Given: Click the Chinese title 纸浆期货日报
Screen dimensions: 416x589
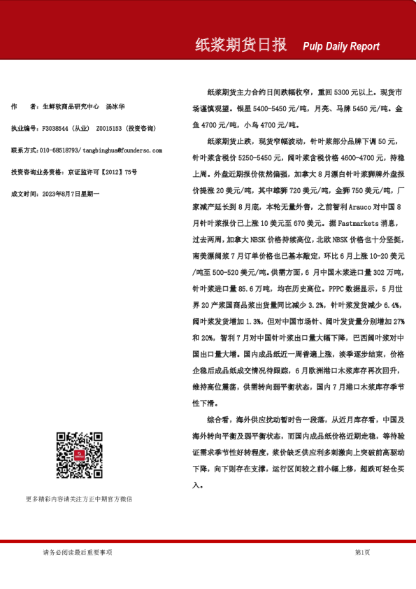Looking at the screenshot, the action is (241, 45).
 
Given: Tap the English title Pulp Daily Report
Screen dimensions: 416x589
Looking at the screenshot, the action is (341, 46).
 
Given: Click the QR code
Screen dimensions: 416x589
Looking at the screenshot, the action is (79, 455).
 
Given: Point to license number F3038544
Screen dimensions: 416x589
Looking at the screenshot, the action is (57, 129).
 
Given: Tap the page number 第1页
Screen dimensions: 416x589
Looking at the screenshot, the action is (362, 553).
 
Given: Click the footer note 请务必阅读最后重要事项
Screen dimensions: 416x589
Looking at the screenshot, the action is (78, 553).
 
